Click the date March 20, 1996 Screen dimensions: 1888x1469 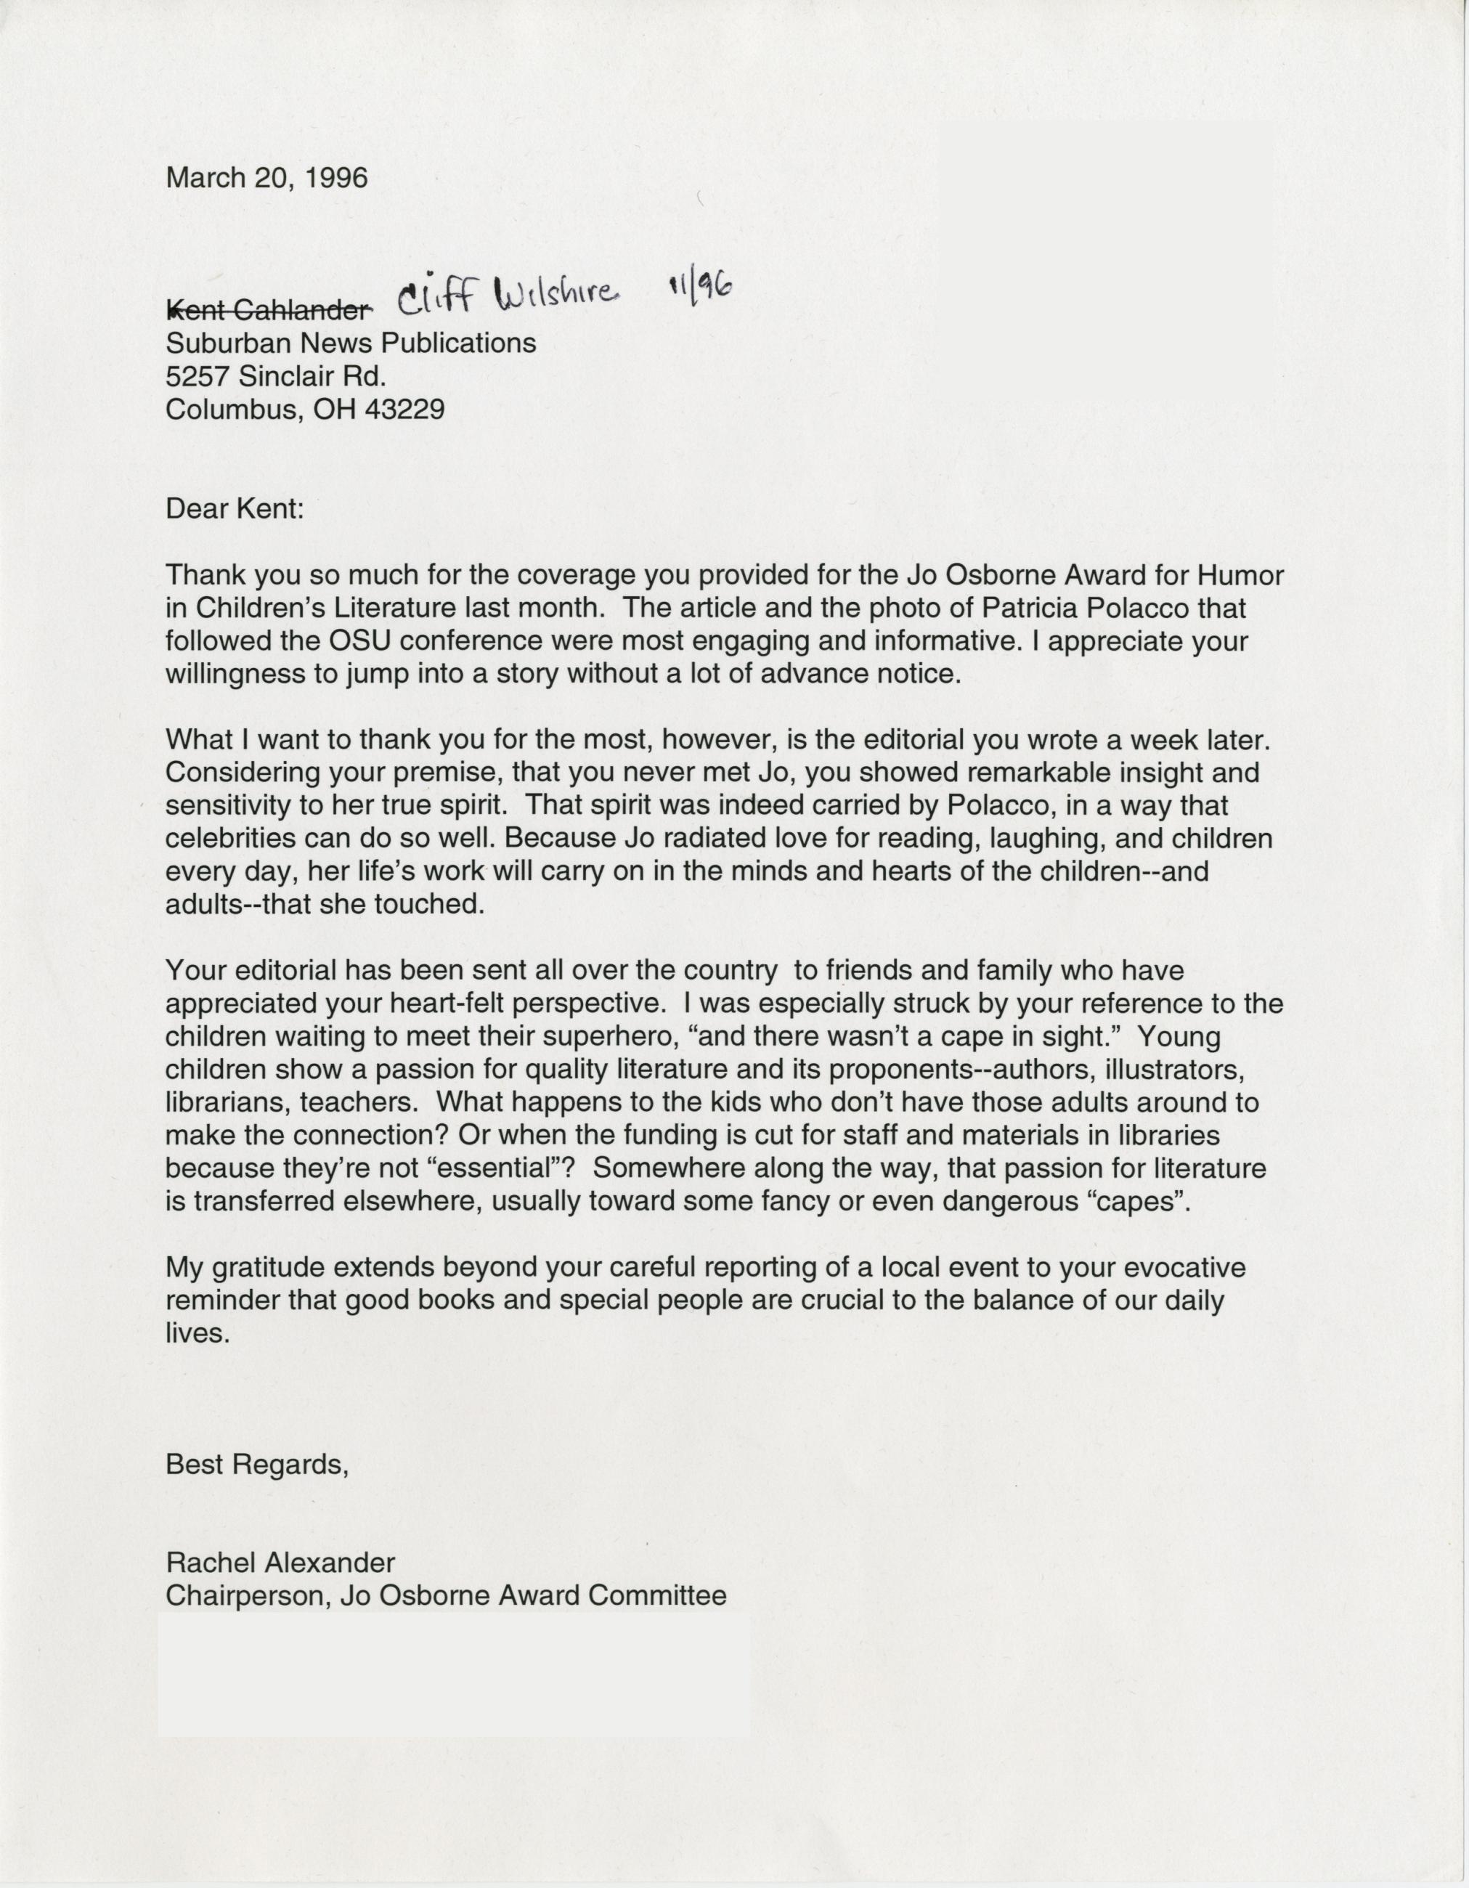click(266, 178)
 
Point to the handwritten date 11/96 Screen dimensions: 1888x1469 click(699, 286)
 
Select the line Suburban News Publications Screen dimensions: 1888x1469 click(350, 343)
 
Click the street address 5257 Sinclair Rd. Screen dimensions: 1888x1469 click(275, 376)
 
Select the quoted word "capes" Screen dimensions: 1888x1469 click(1142, 1202)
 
